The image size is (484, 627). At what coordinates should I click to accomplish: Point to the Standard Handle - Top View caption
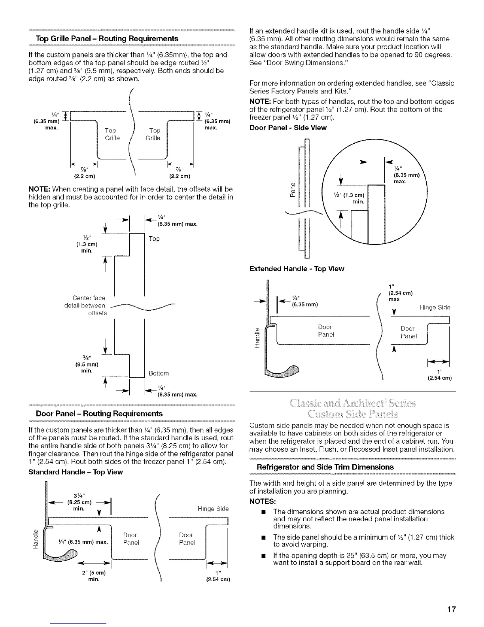(x=76, y=472)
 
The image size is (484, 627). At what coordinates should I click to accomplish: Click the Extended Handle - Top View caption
(x=297, y=269)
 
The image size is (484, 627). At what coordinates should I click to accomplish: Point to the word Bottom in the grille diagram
(x=159, y=373)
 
